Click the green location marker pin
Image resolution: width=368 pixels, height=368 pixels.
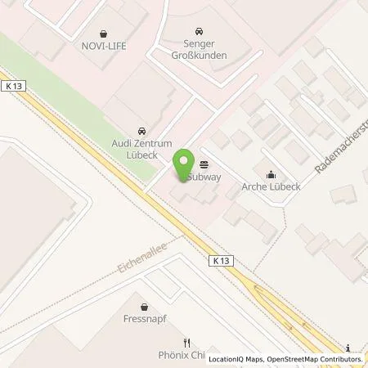(x=183, y=166)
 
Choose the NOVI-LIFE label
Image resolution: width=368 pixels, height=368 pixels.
(x=101, y=47)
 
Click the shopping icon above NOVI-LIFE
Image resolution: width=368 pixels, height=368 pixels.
(x=101, y=34)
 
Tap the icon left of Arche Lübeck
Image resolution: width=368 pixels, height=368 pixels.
(x=271, y=173)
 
